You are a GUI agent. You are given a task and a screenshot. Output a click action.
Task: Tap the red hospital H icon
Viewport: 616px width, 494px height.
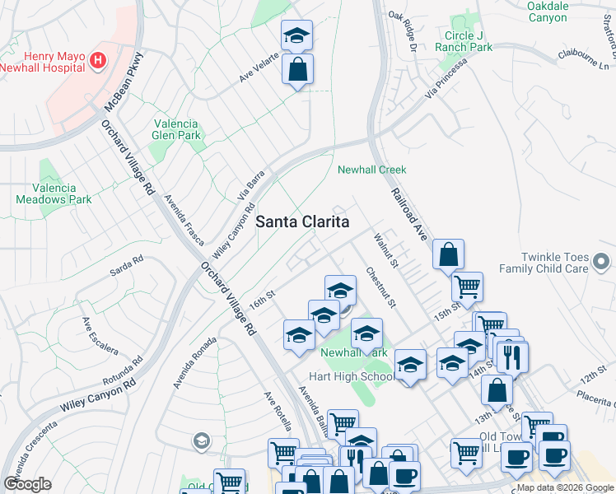[x=98, y=60]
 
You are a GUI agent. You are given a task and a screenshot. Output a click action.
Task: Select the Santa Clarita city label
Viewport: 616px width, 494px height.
[x=302, y=221]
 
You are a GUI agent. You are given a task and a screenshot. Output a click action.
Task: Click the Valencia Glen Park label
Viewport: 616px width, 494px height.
[x=177, y=129]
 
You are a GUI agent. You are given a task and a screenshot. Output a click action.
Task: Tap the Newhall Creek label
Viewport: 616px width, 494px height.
[x=372, y=170]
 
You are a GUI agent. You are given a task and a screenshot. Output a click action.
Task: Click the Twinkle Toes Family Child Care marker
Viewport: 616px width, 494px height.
[x=602, y=263]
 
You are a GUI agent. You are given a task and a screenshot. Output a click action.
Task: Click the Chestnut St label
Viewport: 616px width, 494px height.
[x=381, y=287]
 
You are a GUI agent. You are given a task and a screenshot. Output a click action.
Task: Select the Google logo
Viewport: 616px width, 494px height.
[x=27, y=484]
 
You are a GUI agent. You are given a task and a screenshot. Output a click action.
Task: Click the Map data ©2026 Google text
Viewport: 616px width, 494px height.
[x=565, y=487]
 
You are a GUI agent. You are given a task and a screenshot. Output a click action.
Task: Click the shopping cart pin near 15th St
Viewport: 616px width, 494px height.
[x=467, y=287]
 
